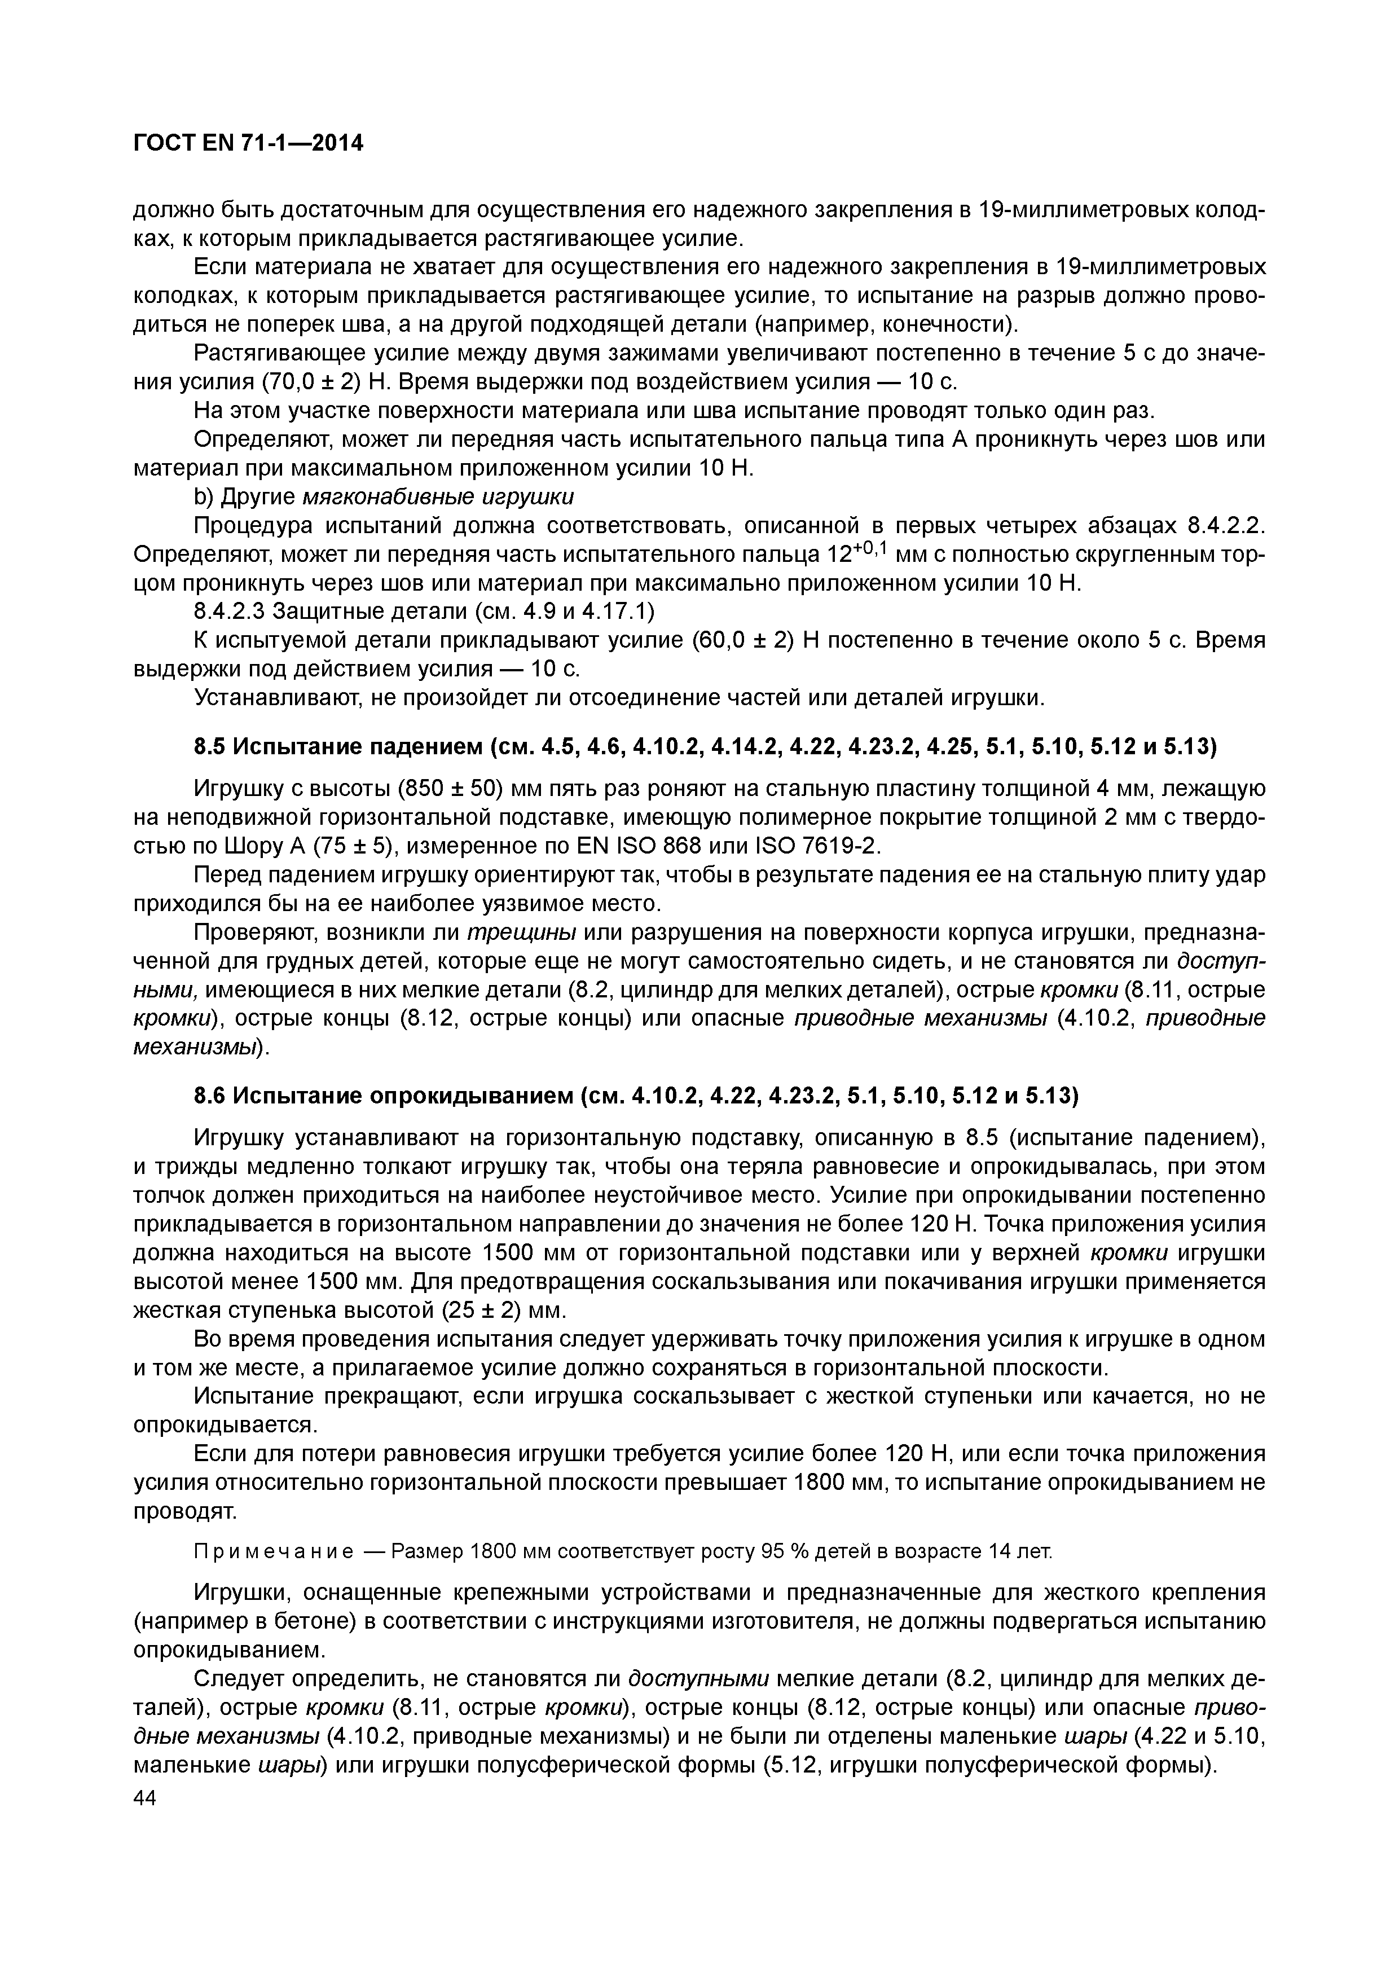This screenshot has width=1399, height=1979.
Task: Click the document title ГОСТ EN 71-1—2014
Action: (x=248, y=143)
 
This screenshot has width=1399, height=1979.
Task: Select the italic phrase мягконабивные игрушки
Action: (x=438, y=498)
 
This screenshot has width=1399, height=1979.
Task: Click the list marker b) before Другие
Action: (x=204, y=498)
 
